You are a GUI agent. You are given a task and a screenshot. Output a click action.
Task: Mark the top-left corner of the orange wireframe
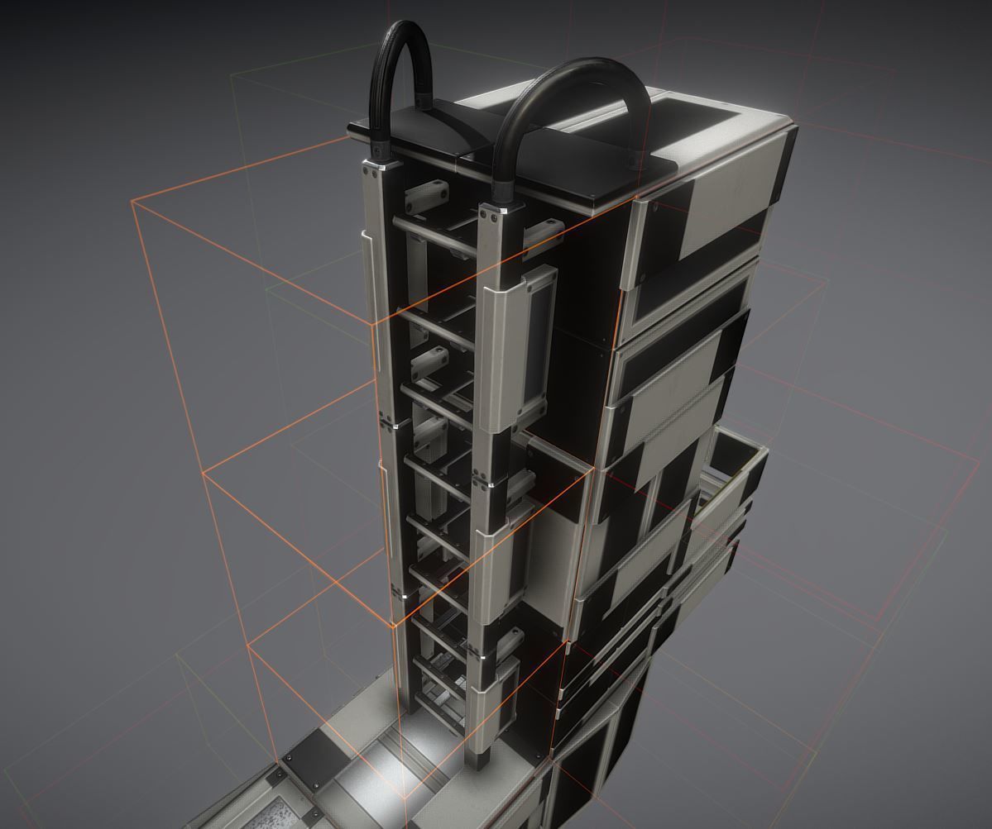[132, 201]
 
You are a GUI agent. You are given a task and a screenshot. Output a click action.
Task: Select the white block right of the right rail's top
[546, 231]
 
